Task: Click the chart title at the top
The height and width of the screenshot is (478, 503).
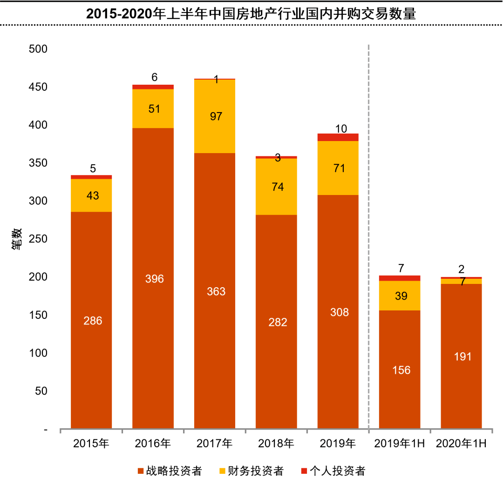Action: tap(251, 14)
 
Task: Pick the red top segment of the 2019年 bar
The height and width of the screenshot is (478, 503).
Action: tap(338, 137)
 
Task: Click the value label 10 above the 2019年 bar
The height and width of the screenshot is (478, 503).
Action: tap(341, 128)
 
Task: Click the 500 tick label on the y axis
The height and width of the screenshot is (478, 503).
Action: tap(38, 49)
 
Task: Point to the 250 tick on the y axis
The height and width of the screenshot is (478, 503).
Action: tap(38, 239)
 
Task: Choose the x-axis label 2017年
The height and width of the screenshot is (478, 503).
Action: tap(214, 444)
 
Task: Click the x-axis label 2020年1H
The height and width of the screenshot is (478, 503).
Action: tap(461, 444)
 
